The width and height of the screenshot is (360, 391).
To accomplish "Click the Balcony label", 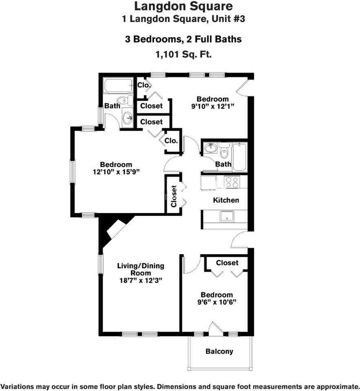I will click(x=219, y=351).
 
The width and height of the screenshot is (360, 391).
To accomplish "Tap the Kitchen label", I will click(x=226, y=200).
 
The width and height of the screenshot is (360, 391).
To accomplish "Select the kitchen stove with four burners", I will click(x=232, y=182).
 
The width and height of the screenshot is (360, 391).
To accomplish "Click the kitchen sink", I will click(x=225, y=217).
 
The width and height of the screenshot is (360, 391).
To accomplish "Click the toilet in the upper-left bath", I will click(x=122, y=101).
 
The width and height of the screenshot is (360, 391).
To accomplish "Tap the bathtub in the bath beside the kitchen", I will click(x=239, y=157).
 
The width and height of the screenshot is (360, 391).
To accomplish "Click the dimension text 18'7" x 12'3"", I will click(x=140, y=281).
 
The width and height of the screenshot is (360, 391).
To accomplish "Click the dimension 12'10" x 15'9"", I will click(x=116, y=171).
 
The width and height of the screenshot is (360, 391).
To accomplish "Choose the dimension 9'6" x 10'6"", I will click(x=216, y=302).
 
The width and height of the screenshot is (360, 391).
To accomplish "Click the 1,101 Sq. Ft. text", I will click(x=183, y=54).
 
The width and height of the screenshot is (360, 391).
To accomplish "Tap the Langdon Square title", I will click(x=183, y=6).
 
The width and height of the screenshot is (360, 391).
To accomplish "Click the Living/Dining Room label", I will click(x=141, y=269).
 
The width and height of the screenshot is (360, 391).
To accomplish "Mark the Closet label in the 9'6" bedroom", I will click(x=227, y=263).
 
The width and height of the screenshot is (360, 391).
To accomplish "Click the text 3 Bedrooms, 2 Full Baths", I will click(x=183, y=40).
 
